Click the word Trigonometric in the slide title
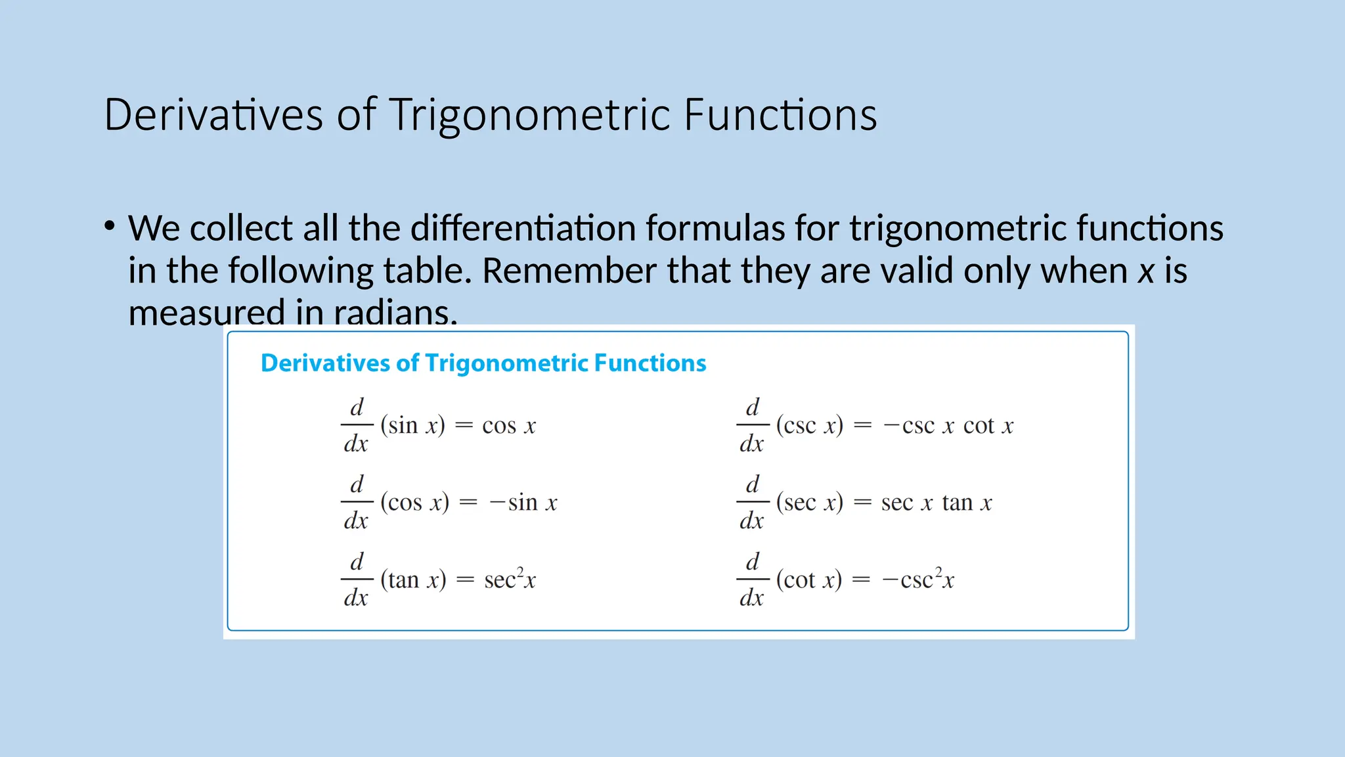[x=530, y=116]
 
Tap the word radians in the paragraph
[x=394, y=312]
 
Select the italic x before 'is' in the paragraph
[x=1146, y=271]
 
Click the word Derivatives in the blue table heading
[x=325, y=363]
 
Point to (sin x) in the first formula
[x=412, y=426]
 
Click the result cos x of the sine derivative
[x=509, y=426]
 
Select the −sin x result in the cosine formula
[x=523, y=503]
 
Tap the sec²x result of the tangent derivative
[x=510, y=579]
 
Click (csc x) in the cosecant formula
[x=809, y=426]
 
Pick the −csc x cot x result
[x=948, y=426]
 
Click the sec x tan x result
[x=936, y=503]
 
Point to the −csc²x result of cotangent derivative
[x=917, y=579]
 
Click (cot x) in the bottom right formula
[x=808, y=580]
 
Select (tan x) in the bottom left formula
[x=413, y=580]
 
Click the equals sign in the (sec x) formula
[x=862, y=503]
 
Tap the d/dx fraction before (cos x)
[x=356, y=503]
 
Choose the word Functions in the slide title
[x=780, y=116]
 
